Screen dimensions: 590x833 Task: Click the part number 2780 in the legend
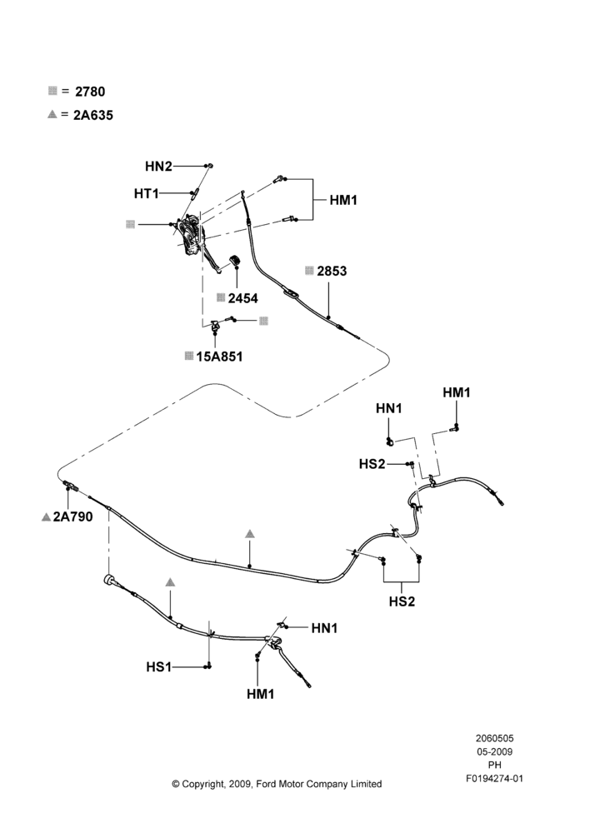[x=90, y=92]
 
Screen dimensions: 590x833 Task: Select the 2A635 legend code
[x=93, y=115]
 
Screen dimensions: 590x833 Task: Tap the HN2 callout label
[x=158, y=167]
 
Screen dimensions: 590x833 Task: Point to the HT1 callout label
[x=146, y=194]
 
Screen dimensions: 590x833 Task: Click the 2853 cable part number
[x=332, y=271]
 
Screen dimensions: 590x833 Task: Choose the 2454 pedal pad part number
[x=242, y=298]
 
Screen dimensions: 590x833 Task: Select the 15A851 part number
[x=219, y=357]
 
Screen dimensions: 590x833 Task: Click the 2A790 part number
[x=72, y=516]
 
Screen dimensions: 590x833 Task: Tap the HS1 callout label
[x=159, y=666]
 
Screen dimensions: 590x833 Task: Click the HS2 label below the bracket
[x=402, y=601]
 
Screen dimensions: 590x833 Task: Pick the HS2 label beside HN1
[x=372, y=464]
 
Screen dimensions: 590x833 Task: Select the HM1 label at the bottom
[x=261, y=694]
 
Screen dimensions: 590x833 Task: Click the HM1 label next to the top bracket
[x=343, y=200]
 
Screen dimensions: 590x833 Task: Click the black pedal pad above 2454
[x=234, y=262]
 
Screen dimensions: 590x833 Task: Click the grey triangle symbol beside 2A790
[x=46, y=517]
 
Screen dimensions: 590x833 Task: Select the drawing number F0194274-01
[x=494, y=778]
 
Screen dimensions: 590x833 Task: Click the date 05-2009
[x=494, y=751]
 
